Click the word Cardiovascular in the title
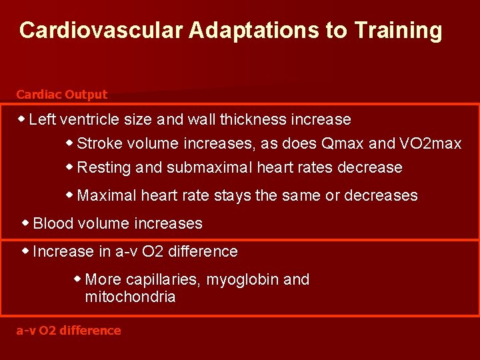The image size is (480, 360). tap(90, 31)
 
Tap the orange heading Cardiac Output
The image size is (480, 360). tap(61, 95)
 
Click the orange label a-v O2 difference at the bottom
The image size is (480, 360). tap(69, 331)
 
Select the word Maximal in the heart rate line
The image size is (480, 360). tap(104, 196)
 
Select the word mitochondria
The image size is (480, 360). tap(131, 297)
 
